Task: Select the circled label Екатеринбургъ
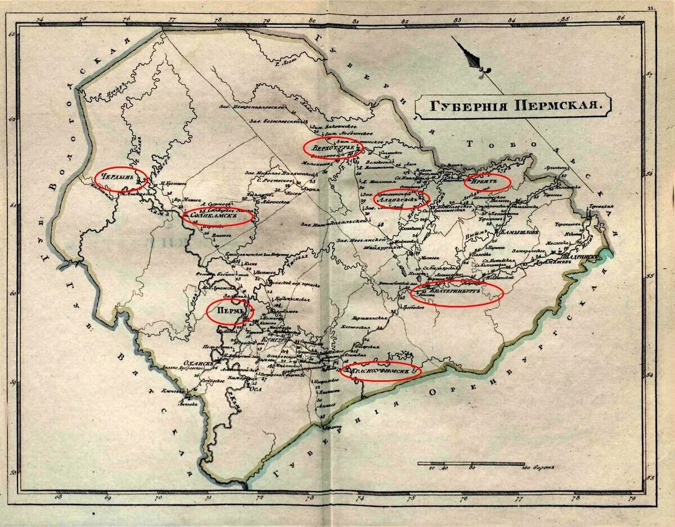point(456,293)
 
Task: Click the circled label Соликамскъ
point(218,216)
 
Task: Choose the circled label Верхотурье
point(332,148)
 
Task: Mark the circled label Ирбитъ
point(487,182)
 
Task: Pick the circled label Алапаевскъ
point(401,199)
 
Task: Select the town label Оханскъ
point(200,364)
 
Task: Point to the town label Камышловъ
point(517,232)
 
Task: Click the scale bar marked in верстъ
point(470,464)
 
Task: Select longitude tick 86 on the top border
point(620,18)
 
